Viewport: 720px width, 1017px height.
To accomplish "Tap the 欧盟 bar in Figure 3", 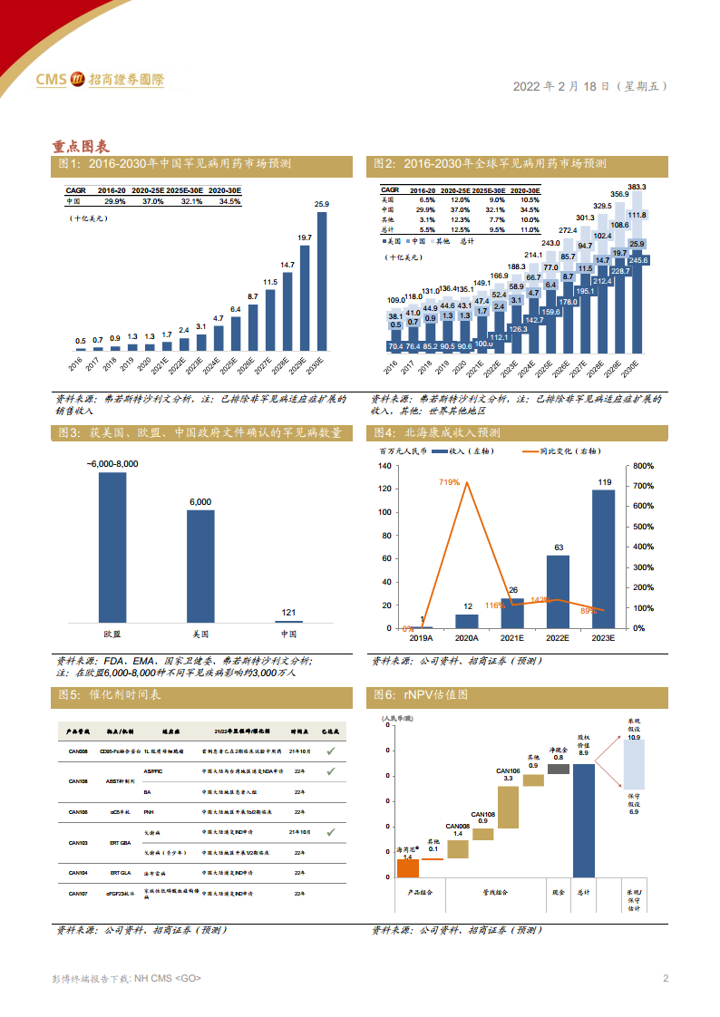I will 112,547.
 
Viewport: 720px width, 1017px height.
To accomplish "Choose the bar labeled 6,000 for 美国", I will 200,566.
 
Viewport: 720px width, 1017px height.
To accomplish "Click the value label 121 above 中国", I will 288,613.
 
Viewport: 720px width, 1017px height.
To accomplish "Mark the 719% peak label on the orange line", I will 448,482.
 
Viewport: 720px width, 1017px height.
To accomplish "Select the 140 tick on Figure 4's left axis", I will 384,466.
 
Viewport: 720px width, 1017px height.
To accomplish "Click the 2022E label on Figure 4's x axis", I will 558,638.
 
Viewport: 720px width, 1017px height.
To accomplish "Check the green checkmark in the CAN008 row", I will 330,751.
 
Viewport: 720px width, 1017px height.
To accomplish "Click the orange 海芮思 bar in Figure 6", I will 407,867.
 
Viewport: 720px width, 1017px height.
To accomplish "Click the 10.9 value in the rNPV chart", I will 633,738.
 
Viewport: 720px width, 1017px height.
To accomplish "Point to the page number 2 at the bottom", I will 666,978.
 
